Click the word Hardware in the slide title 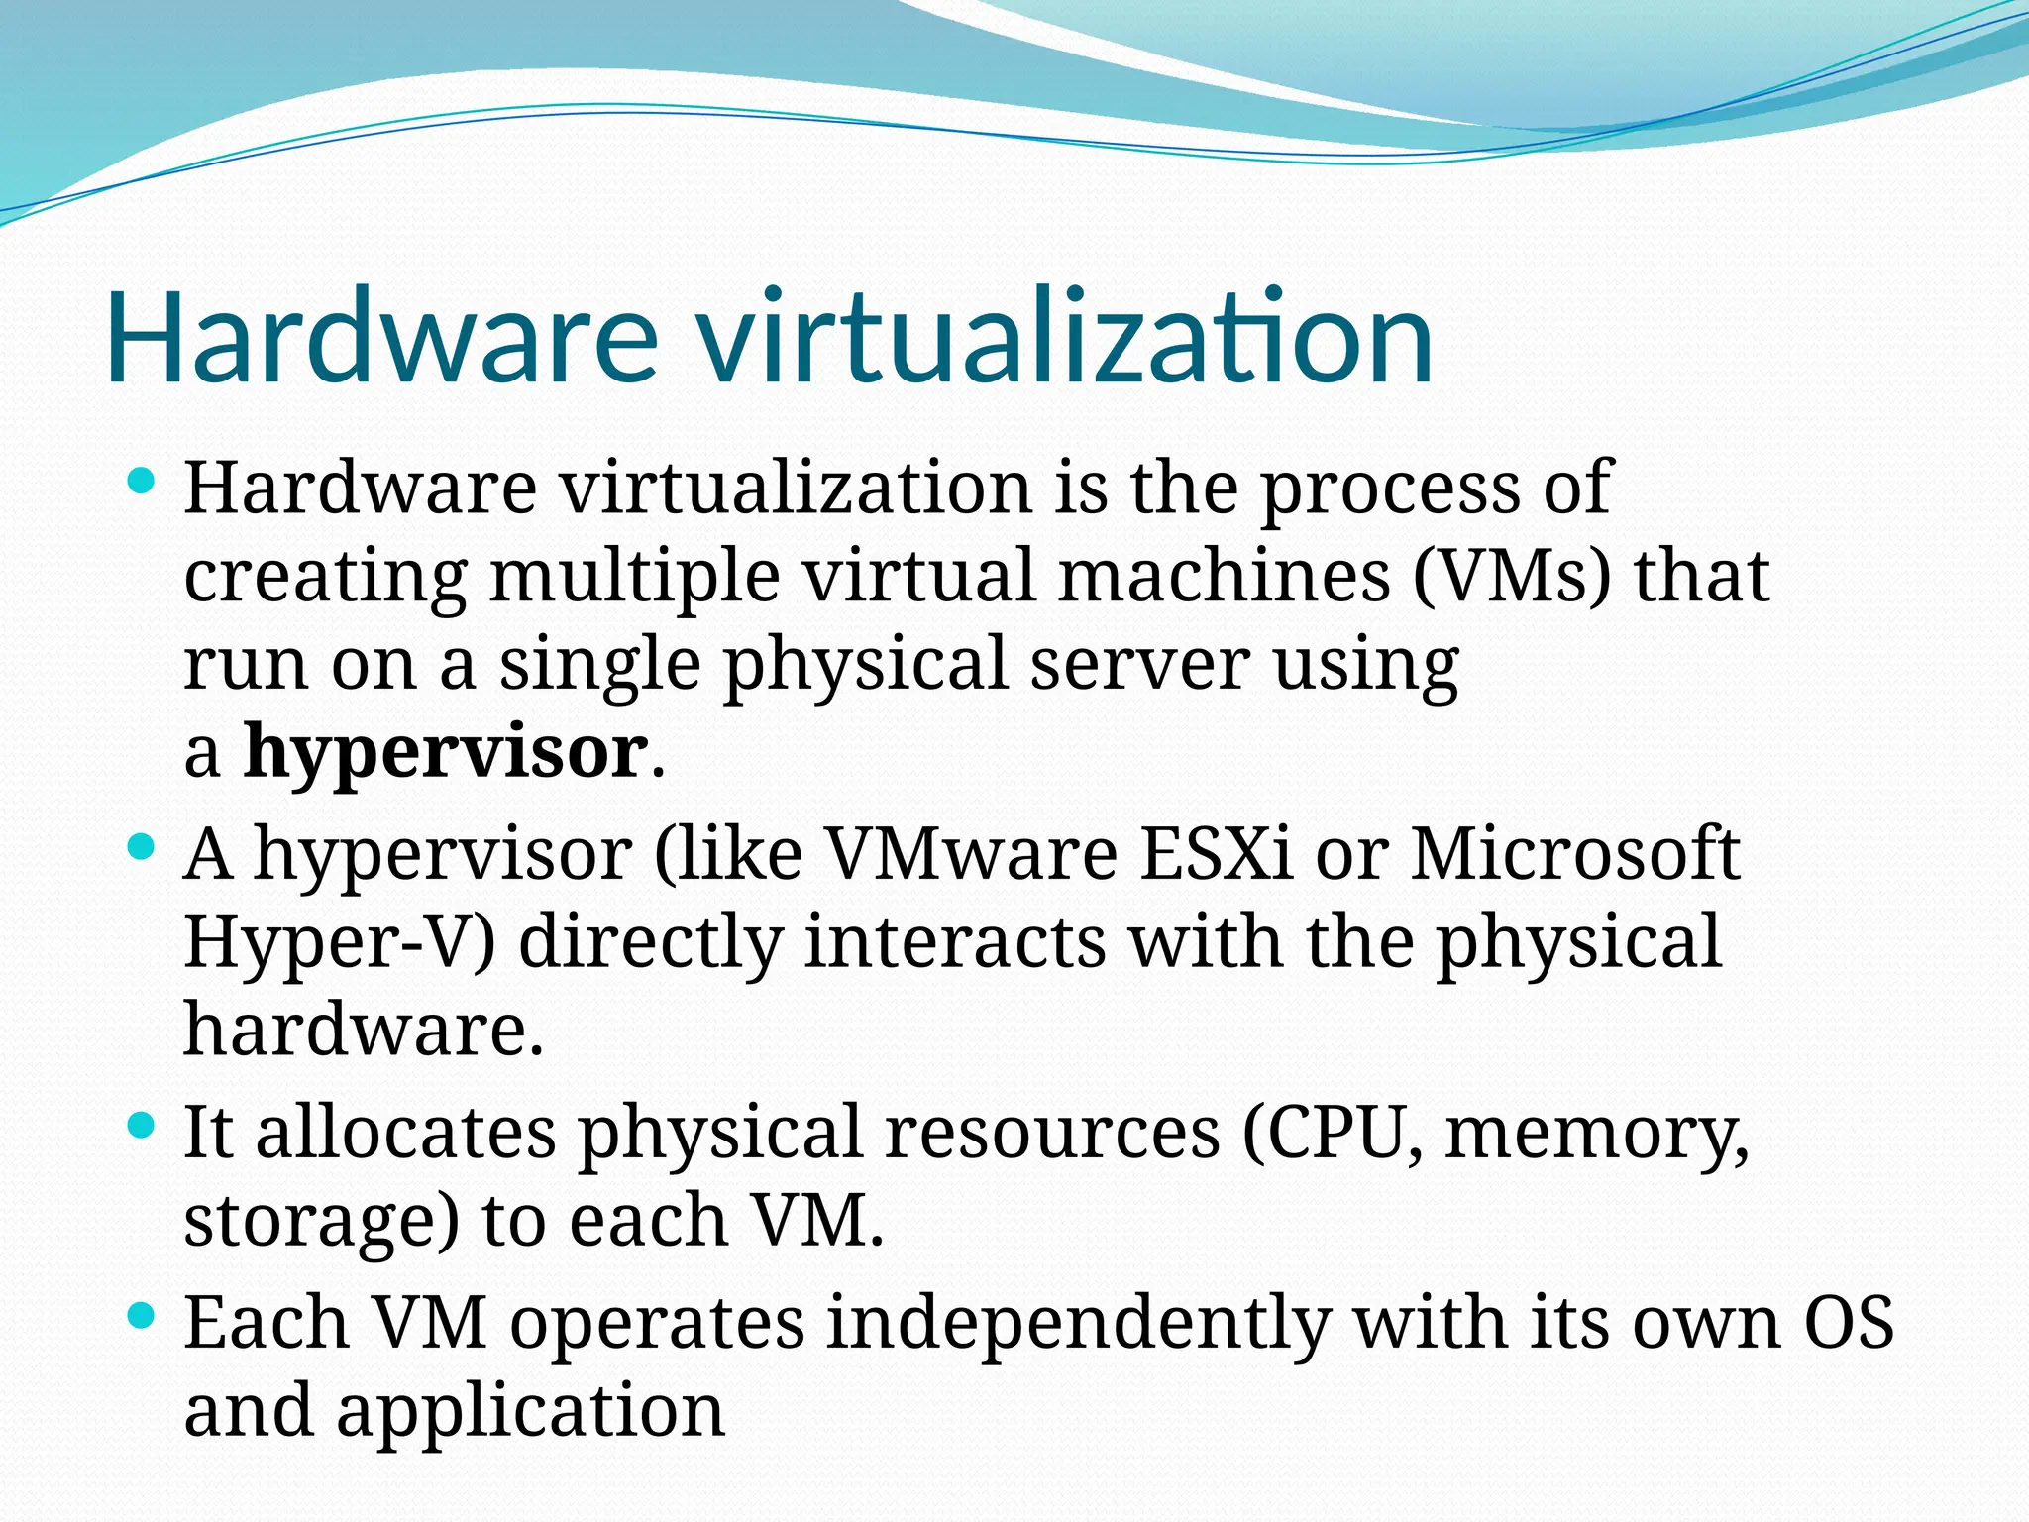pyautogui.click(x=381, y=337)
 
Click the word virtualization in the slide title pyautogui.click(x=1065, y=337)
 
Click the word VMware pyautogui.click(x=971, y=854)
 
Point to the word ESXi pyautogui.click(x=1217, y=854)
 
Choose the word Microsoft pyautogui.click(x=1575, y=854)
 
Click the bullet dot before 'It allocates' pyautogui.click(x=143, y=1126)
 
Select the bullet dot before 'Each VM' pyautogui.click(x=143, y=1316)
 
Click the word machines pyautogui.click(x=1225, y=577)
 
